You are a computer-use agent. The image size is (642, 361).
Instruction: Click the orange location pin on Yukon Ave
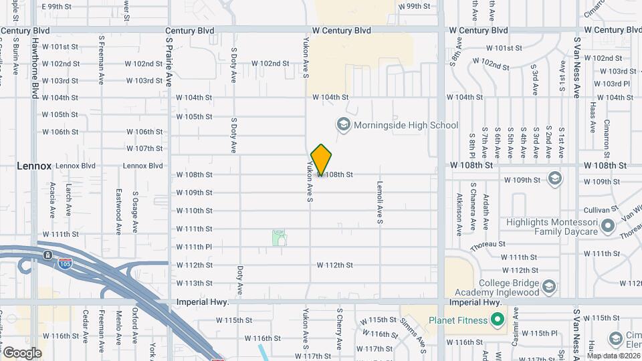322,160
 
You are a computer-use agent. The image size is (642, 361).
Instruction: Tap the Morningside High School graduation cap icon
343,125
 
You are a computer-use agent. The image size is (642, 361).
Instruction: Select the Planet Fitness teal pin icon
497,320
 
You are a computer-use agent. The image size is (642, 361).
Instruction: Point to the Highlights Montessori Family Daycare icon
607,227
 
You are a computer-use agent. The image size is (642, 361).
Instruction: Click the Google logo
22,352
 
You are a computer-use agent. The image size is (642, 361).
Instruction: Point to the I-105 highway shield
47,255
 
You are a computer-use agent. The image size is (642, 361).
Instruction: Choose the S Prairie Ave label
169,67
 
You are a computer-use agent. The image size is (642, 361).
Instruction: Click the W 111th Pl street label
194,247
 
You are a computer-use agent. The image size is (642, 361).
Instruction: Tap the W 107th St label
144,148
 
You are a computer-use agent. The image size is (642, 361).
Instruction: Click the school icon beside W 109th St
554,178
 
